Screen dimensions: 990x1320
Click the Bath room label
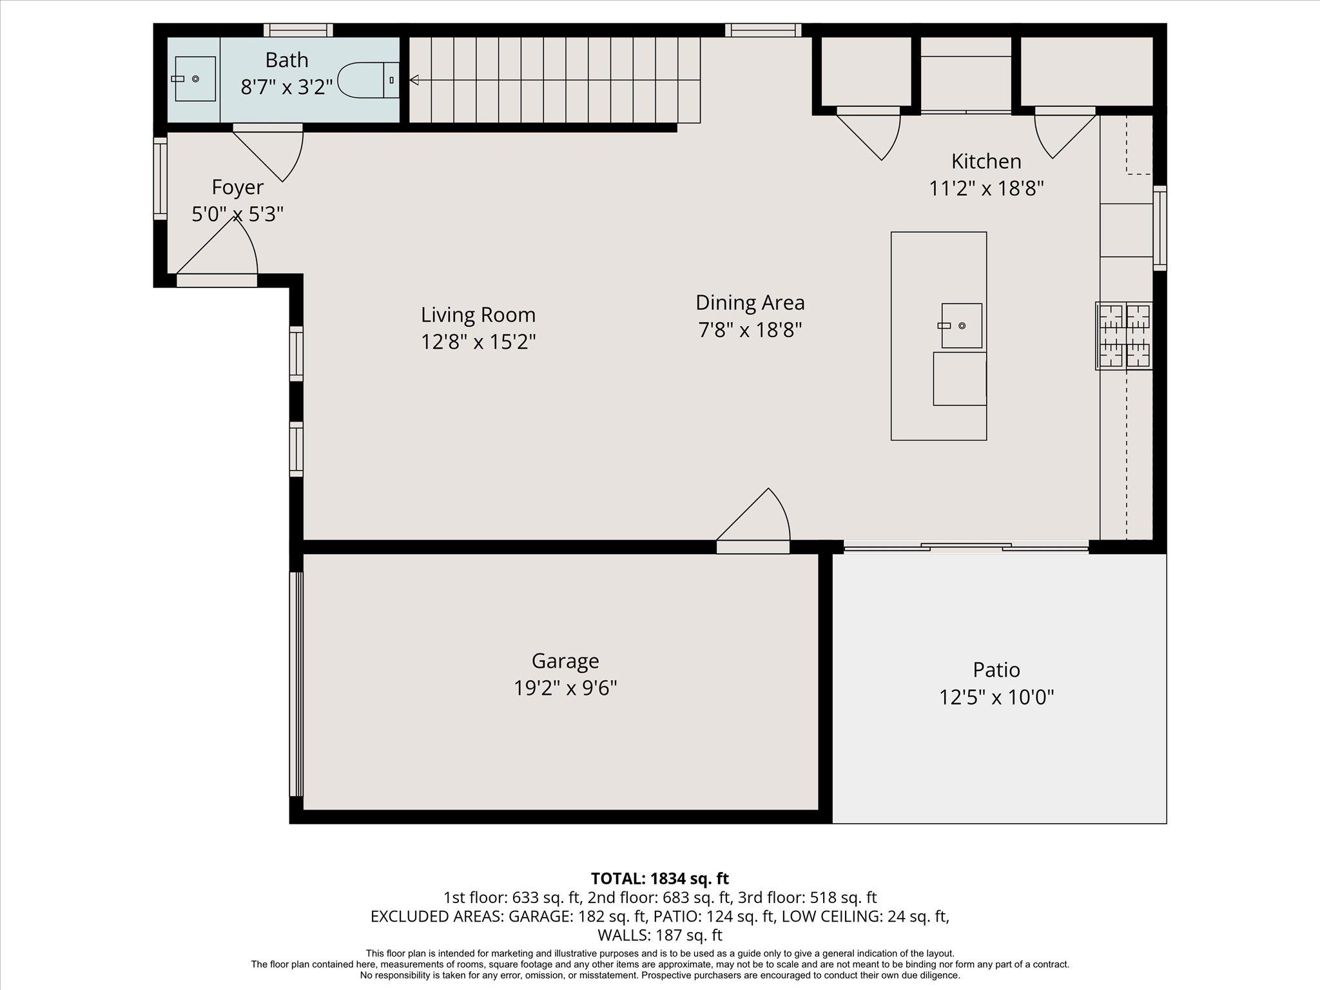pyautogui.click(x=287, y=61)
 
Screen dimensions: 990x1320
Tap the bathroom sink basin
pyautogui.click(x=195, y=79)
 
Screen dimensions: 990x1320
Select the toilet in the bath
pyautogui.click(x=367, y=80)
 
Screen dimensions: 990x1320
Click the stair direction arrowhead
pyautogui.click(x=414, y=80)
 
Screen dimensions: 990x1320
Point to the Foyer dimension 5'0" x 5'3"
pyautogui.click(x=238, y=214)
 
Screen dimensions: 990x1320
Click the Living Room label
pyautogui.click(x=478, y=315)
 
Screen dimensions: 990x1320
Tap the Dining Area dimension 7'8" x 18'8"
pyautogui.click(x=750, y=330)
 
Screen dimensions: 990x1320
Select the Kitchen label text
pyautogui.click(x=986, y=161)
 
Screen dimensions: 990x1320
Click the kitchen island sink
pyautogui.click(x=962, y=325)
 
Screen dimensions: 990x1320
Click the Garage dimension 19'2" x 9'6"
pyautogui.click(x=565, y=688)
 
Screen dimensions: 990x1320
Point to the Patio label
pyautogui.click(x=996, y=670)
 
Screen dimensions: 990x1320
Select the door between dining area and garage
pyautogui.click(x=753, y=547)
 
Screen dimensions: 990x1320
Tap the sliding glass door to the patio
pyautogui.click(x=966, y=548)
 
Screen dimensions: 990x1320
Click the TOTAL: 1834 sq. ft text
pyautogui.click(x=659, y=878)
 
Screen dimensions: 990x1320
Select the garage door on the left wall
pyautogui.click(x=296, y=684)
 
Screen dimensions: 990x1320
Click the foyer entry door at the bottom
pyautogui.click(x=217, y=280)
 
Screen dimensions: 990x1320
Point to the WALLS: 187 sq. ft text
pyautogui.click(x=659, y=935)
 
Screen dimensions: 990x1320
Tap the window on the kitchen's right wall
pyautogui.click(x=1160, y=227)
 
